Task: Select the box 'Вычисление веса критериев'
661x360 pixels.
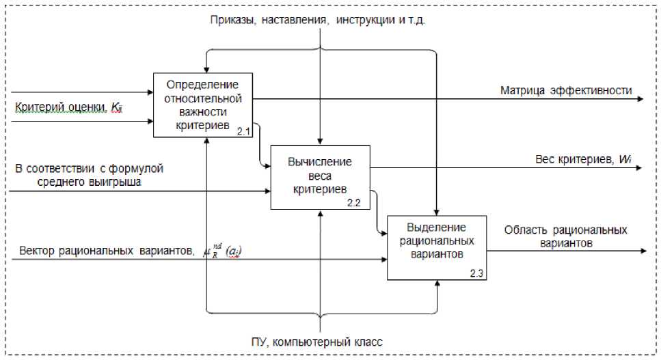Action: (x=320, y=176)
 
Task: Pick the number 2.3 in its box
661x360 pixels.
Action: (x=476, y=273)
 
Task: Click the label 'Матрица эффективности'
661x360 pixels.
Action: (x=566, y=89)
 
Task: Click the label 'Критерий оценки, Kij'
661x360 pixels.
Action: (x=68, y=107)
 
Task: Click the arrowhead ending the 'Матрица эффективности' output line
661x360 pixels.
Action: (x=639, y=99)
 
